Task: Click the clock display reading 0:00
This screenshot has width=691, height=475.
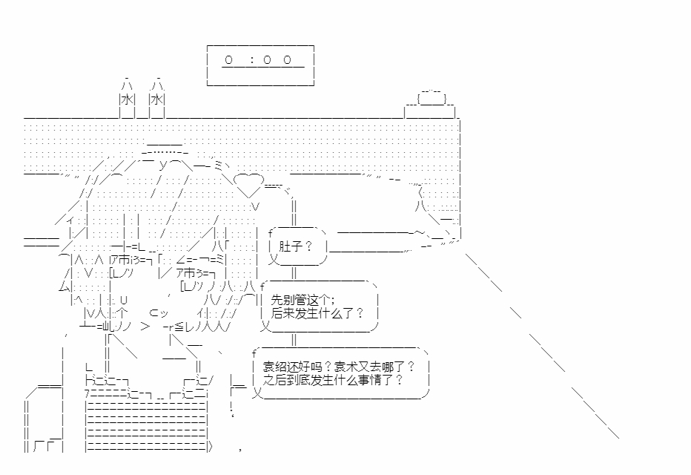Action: (x=260, y=65)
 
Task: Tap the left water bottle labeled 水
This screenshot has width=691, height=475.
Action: (x=128, y=98)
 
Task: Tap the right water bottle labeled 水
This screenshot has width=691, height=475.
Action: (x=157, y=98)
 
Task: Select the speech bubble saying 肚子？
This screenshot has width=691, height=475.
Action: (x=297, y=246)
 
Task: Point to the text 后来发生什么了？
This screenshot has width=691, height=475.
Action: (x=317, y=313)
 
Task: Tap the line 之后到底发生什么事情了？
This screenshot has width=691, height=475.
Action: (x=333, y=380)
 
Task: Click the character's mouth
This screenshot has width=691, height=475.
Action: (x=159, y=313)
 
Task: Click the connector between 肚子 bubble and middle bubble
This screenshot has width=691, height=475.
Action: (x=294, y=272)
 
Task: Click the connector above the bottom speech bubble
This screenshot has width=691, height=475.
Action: (x=294, y=340)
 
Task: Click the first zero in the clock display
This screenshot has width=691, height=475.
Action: (x=228, y=59)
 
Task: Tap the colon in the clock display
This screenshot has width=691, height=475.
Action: (x=252, y=60)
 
